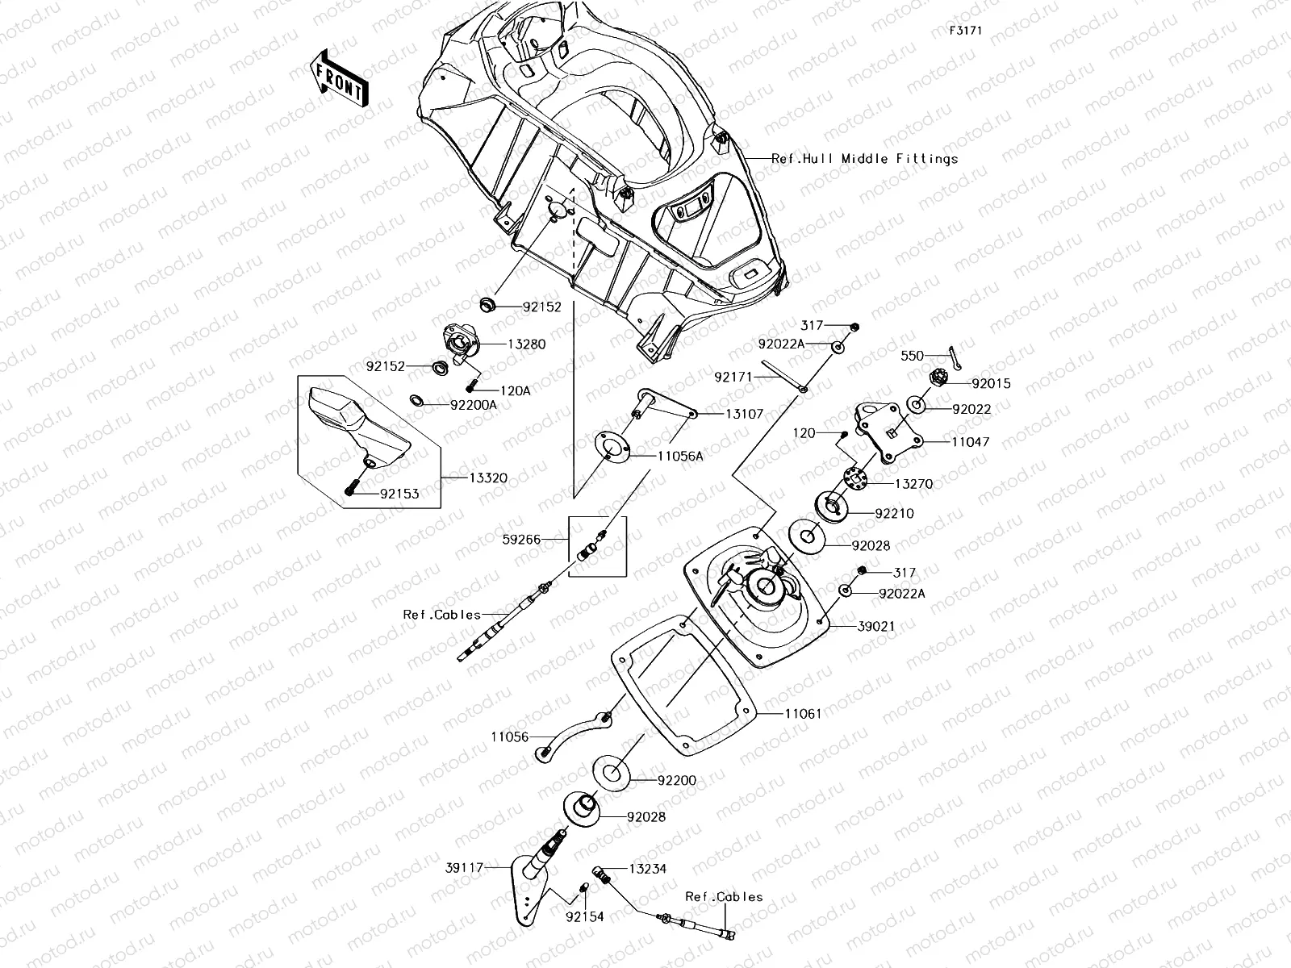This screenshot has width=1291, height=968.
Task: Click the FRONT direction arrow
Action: pos(339,77)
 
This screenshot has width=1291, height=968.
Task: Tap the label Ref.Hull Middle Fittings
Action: pos(864,159)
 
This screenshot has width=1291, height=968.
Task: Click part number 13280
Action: pos(526,344)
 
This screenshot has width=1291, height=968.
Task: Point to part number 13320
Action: pos(488,478)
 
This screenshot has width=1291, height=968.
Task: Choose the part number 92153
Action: pos(399,494)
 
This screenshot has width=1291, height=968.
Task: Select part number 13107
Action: pos(744,414)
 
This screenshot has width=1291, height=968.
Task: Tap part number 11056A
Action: pos(680,456)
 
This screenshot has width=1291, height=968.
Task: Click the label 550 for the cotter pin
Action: pos(913,355)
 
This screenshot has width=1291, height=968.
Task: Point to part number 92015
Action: pos(991,384)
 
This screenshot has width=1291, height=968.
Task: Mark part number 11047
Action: pos(970,442)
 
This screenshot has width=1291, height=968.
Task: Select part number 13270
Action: pos(913,484)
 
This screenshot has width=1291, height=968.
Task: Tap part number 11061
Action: pos(803,713)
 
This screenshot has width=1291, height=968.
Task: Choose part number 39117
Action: pos(463,868)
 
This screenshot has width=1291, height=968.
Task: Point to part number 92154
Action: pos(584,916)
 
